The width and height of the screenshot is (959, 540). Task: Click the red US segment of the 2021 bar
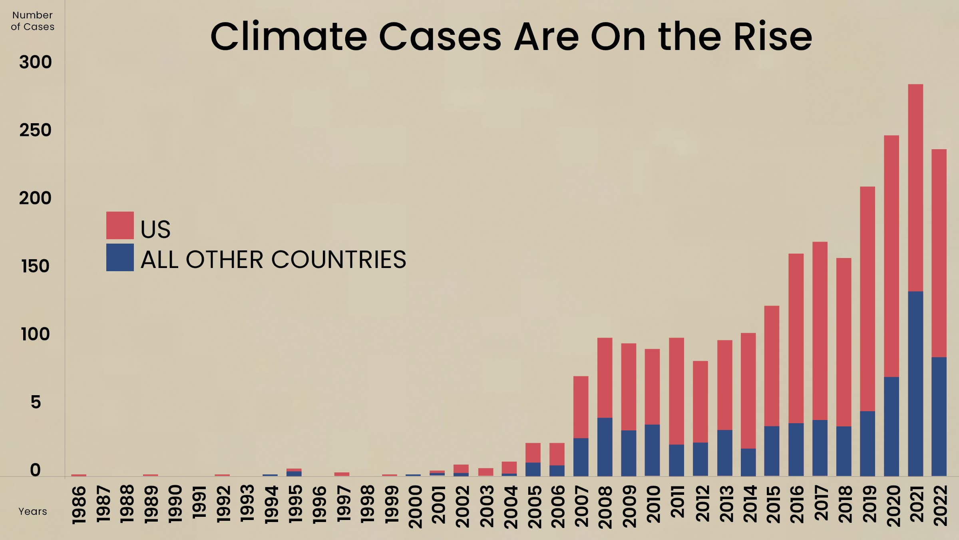(915, 188)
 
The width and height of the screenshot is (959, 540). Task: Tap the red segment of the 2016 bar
(796, 338)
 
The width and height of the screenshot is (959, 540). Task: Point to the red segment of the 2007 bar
(581, 407)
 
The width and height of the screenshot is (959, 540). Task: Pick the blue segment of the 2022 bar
(939, 416)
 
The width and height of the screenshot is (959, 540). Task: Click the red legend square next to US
(120, 225)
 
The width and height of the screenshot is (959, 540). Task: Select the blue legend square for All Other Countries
(120, 257)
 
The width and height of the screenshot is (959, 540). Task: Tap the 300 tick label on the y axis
(36, 62)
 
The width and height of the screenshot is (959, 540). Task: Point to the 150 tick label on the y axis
(36, 266)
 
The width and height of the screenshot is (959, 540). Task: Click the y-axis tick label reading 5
(36, 402)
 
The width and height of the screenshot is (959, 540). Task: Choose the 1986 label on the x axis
(79, 505)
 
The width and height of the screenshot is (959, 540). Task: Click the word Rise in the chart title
(773, 37)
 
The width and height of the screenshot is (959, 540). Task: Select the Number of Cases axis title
(32, 21)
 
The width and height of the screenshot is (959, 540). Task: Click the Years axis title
(32, 511)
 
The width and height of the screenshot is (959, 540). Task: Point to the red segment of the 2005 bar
(533, 452)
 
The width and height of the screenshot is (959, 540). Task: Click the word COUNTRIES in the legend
(338, 260)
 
